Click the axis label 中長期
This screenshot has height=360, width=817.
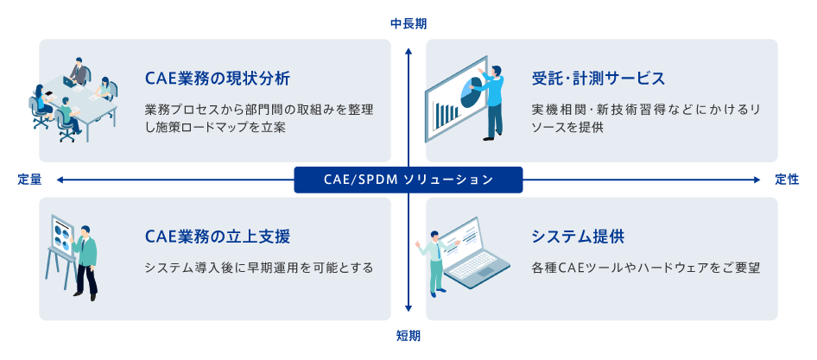pyautogui.click(x=408, y=23)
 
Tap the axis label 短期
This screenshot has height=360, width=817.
pyautogui.click(x=408, y=336)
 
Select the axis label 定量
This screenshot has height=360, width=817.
pyautogui.click(x=29, y=180)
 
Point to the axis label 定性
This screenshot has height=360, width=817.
pyautogui.click(x=787, y=180)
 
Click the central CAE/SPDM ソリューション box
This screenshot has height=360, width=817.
pyautogui.click(x=408, y=180)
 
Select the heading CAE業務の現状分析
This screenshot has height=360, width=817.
pyautogui.click(x=218, y=79)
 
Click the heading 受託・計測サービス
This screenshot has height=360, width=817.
pyautogui.click(x=598, y=79)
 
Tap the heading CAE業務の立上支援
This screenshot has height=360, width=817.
pyautogui.click(x=218, y=237)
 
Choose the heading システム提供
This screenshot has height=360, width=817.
pyautogui.click(x=578, y=237)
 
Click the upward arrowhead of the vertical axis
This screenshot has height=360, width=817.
pyautogui.click(x=408, y=51)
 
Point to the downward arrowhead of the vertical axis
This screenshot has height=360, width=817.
pyautogui.click(x=408, y=308)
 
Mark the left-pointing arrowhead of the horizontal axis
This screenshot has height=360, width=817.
pyautogui.click(x=60, y=180)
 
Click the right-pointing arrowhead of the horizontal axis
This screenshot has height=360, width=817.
pyautogui.click(x=757, y=180)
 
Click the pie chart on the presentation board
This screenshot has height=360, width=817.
pyautogui.click(x=471, y=90)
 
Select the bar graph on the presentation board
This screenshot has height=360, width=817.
pyautogui.click(x=447, y=111)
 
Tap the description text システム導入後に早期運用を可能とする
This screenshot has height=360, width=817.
pyautogui.click(x=259, y=268)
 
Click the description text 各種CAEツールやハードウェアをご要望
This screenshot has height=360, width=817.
pyautogui.click(x=647, y=268)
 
